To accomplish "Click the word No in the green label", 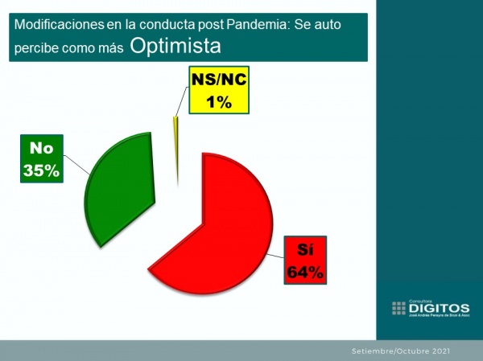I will click(x=40, y=149).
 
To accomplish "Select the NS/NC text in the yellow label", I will click(x=218, y=80).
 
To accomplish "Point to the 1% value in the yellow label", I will click(x=218, y=101).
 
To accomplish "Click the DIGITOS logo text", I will click(x=440, y=307).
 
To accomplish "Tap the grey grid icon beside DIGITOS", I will click(x=399, y=308).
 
